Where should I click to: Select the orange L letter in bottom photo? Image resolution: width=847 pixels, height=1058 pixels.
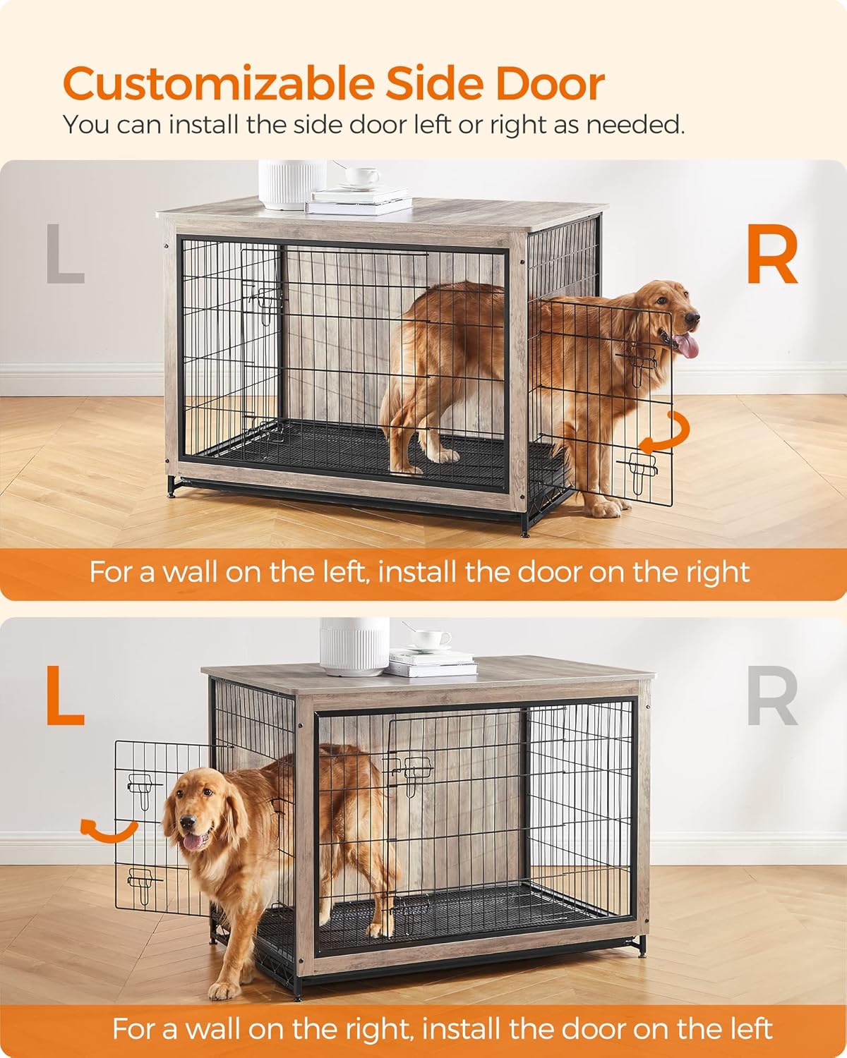pos(65,696)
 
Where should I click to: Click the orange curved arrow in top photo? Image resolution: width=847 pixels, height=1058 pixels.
pos(664,432)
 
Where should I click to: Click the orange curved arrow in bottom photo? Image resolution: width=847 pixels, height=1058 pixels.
pos(108,830)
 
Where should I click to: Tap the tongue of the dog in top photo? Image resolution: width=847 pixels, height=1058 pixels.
pos(687,346)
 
